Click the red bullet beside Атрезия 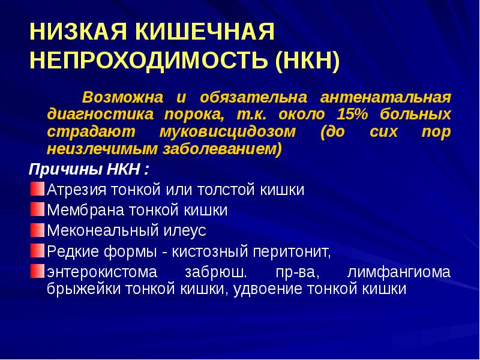pyautogui.click(x=37, y=190)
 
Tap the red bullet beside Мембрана pyautogui.click(x=37, y=210)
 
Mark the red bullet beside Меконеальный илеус pyautogui.click(x=37, y=230)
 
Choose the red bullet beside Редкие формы pyautogui.click(x=37, y=249)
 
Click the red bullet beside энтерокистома pyautogui.click(x=37, y=269)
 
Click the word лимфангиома pyautogui.click(x=399, y=272)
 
